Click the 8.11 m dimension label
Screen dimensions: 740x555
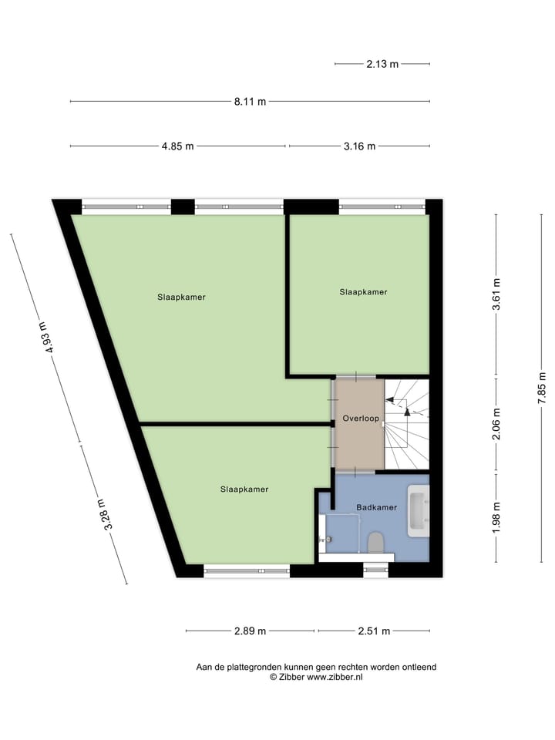(x=250, y=102)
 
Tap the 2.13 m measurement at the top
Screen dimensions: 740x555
(x=382, y=64)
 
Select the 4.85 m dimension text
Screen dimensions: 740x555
(x=177, y=146)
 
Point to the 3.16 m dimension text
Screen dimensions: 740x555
(x=359, y=146)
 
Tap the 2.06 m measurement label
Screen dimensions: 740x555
(x=496, y=424)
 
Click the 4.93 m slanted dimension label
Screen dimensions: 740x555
(x=48, y=338)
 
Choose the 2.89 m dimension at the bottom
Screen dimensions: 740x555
(x=250, y=631)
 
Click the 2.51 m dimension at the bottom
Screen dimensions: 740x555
(x=375, y=631)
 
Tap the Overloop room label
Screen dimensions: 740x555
(x=360, y=419)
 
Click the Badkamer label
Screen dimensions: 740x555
(x=376, y=507)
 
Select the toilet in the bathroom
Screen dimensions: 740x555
(x=376, y=543)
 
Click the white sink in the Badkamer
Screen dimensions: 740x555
(x=418, y=511)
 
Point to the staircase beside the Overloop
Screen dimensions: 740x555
(x=406, y=424)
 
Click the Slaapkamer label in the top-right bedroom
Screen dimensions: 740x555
(x=363, y=292)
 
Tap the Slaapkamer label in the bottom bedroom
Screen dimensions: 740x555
(x=244, y=489)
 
